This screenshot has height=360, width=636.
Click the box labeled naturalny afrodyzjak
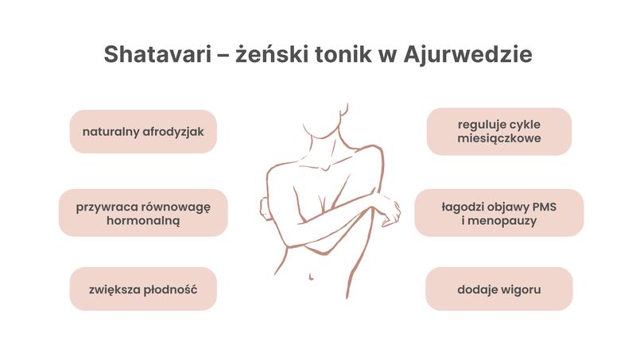[143, 132]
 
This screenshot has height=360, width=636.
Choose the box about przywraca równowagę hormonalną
[143, 213]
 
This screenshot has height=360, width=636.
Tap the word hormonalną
[143, 221]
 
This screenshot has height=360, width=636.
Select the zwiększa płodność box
[143, 288]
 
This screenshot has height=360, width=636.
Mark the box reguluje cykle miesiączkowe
[499, 131]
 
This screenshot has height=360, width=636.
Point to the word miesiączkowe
[499, 139]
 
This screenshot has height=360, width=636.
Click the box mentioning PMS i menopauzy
[499, 212]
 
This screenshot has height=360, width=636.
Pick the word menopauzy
[504, 220]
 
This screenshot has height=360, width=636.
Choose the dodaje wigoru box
[499, 288]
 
